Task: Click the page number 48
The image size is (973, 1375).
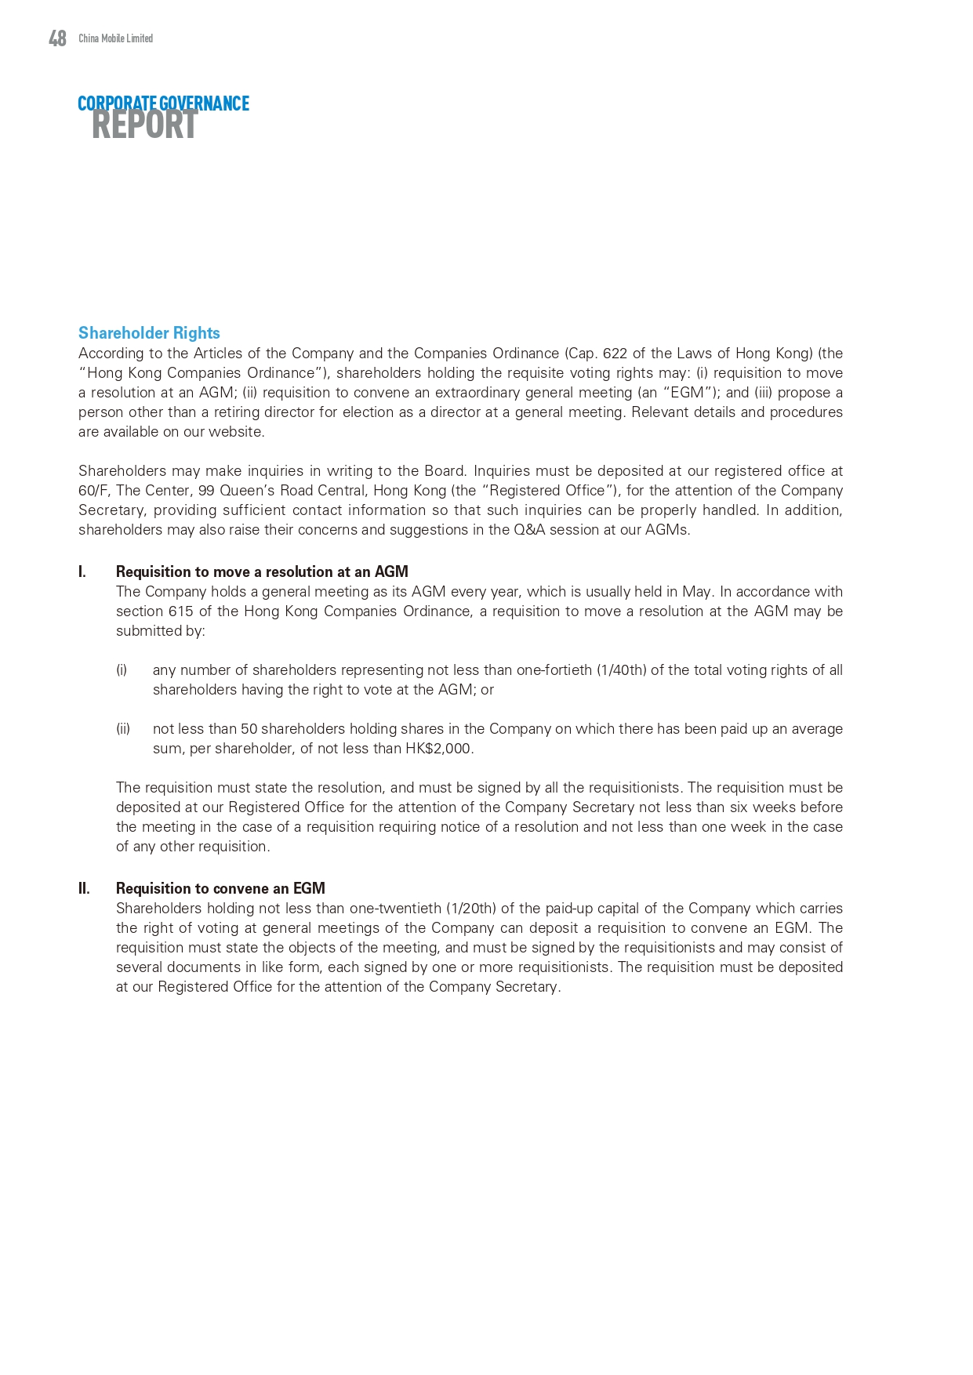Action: click(57, 38)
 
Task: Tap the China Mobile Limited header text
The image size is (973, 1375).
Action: click(115, 38)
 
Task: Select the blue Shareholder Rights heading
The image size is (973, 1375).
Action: click(149, 333)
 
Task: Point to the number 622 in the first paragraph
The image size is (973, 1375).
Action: click(615, 354)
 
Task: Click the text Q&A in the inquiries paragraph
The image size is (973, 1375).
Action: click(524, 530)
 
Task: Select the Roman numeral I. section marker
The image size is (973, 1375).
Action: click(82, 572)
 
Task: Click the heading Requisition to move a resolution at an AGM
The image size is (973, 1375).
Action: click(262, 572)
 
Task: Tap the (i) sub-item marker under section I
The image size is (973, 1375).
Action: click(122, 670)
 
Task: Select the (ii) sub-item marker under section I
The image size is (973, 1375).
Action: click(123, 729)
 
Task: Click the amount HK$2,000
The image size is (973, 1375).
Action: click(438, 749)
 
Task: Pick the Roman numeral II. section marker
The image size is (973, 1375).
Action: click(84, 889)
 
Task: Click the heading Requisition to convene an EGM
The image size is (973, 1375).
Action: click(220, 889)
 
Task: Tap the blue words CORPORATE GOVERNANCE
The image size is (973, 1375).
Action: click(163, 103)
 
